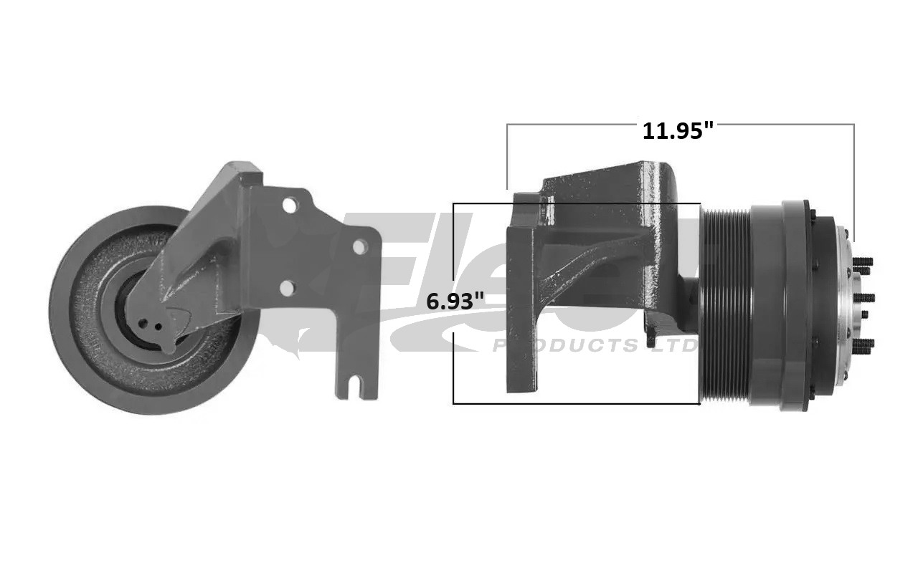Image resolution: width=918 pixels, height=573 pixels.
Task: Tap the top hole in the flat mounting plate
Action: (x=289, y=206)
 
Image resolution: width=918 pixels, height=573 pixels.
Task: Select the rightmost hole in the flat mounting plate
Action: (x=360, y=246)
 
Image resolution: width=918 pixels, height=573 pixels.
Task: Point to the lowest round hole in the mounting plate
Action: (x=286, y=288)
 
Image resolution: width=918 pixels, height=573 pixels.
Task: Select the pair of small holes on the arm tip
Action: (x=151, y=324)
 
